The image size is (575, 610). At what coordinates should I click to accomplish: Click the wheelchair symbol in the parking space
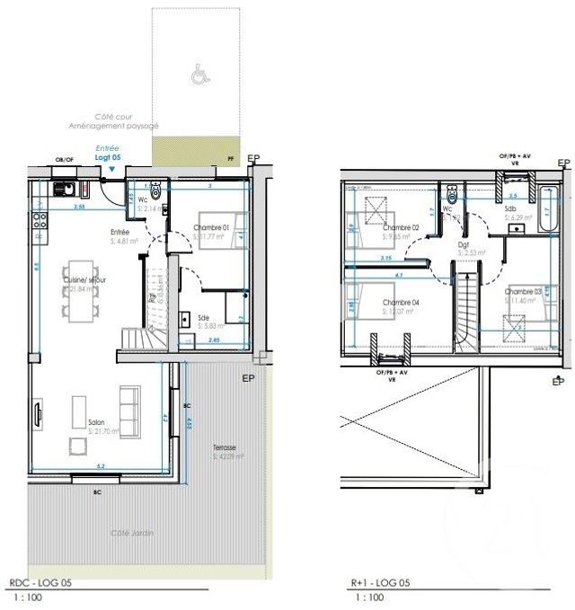[197, 76]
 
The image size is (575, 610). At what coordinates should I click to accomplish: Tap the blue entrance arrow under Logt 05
[111, 168]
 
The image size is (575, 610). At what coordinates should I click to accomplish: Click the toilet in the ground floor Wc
[156, 190]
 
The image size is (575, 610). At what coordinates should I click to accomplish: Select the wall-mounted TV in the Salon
[39, 416]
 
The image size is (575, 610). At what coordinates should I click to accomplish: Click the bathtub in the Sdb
[546, 209]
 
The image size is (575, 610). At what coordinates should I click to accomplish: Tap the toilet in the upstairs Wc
[452, 195]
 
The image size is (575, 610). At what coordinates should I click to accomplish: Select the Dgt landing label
[464, 243]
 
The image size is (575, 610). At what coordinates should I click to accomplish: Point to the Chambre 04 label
[401, 302]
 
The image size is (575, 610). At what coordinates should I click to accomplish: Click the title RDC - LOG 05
[40, 582]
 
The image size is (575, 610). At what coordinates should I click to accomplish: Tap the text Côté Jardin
[132, 534]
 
